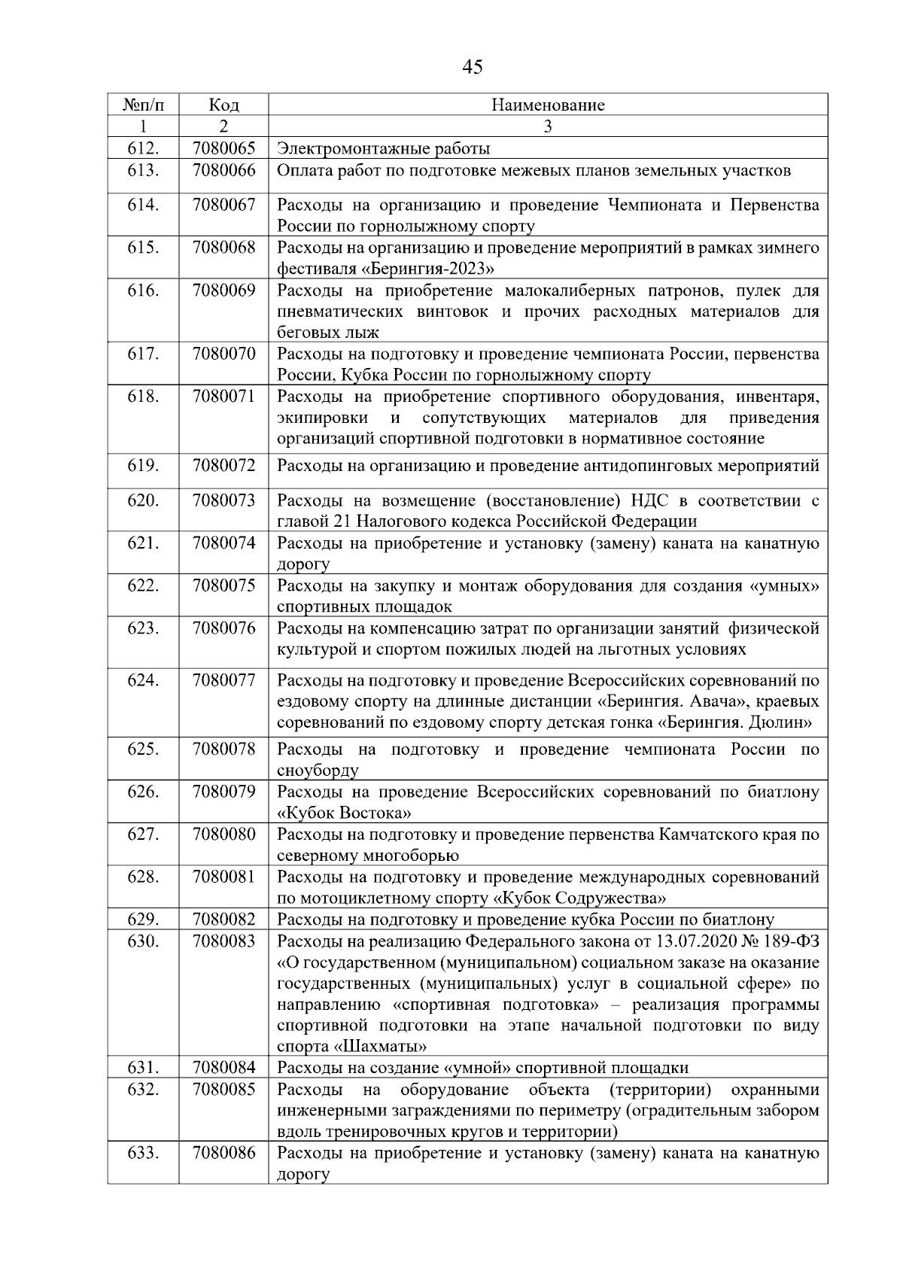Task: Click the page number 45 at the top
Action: tap(473, 68)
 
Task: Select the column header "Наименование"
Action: tap(548, 105)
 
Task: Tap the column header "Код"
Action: tap(223, 105)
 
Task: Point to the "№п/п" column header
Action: tap(143, 105)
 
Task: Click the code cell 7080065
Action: tap(223, 148)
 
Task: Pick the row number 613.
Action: tap(143, 170)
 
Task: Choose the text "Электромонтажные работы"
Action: tap(384, 148)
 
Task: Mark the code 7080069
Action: tap(223, 290)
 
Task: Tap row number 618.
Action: tap(143, 397)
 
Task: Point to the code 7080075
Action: tap(223, 585)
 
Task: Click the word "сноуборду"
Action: tap(318, 771)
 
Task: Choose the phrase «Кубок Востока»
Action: tap(345, 813)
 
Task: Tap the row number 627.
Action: tap(143, 835)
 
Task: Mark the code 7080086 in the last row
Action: tap(223, 1153)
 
